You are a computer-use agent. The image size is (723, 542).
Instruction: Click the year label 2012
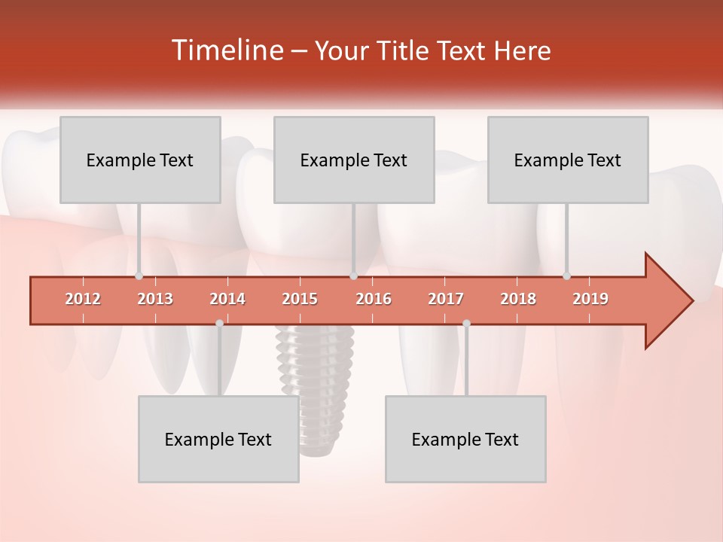(83, 299)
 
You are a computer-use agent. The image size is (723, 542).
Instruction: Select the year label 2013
(155, 299)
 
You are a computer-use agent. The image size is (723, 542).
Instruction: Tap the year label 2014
(227, 299)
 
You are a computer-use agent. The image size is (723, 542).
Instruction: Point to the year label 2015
(300, 299)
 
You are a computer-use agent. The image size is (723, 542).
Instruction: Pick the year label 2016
(374, 299)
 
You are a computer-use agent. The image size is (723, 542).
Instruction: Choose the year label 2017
(446, 299)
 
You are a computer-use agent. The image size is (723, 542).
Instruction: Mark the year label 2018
(518, 299)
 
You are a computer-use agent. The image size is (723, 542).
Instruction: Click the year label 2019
(590, 299)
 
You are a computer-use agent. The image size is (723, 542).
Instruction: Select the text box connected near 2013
(140, 160)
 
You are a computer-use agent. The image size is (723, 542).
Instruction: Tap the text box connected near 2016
(354, 160)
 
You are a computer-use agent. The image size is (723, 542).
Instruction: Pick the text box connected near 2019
(568, 160)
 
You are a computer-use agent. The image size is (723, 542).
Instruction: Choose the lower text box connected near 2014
(218, 439)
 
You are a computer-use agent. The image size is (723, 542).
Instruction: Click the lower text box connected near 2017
(465, 439)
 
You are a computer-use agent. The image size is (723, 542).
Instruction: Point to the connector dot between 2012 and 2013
(139, 276)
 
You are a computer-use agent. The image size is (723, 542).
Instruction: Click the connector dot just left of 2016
(353, 276)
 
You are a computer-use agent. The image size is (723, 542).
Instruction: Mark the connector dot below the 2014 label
(219, 323)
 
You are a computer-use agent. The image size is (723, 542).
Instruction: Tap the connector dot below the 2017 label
(466, 323)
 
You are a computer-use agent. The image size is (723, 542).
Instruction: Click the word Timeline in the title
(226, 50)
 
